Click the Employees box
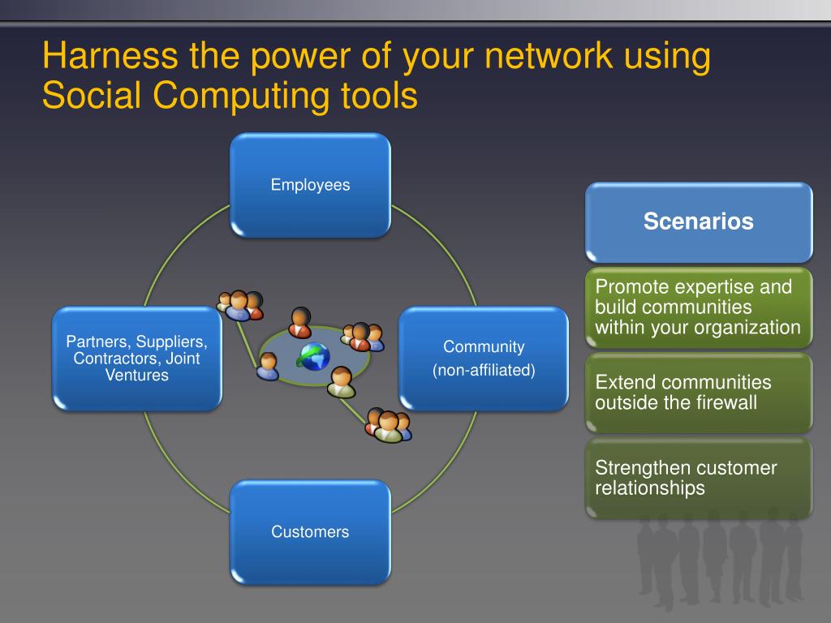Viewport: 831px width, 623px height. tap(310, 185)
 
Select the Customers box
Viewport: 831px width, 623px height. tap(310, 532)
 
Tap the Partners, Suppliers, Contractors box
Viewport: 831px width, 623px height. tap(136, 358)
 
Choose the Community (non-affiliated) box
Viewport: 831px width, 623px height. tap(484, 358)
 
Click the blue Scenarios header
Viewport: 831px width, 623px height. tap(699, 221)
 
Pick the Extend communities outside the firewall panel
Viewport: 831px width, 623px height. tap(699, 393)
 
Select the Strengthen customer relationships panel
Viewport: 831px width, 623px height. tap(699, 478)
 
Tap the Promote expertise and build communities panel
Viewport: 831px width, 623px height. tap(699, 307)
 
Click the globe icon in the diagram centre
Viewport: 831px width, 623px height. tap(313, 356)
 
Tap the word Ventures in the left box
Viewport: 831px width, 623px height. tap(137, 375)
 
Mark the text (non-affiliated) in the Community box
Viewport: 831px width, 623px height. tap(484, 371)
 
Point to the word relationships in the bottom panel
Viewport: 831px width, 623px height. tap(650, 488)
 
